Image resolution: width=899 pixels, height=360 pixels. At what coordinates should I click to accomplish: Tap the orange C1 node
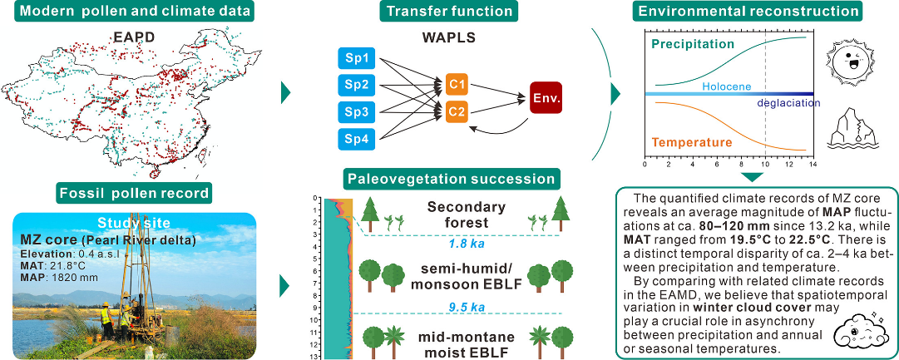[x=456, y=84]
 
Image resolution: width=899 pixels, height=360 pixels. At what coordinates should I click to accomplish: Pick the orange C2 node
[x=456, y=111]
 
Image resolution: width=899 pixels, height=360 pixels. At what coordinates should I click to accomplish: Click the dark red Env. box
[x=546, y=97]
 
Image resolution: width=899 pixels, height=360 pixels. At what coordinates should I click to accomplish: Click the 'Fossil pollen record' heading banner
[x=134, y=194]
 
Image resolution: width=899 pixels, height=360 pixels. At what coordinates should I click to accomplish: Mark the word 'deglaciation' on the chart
[x=788, y=103]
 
